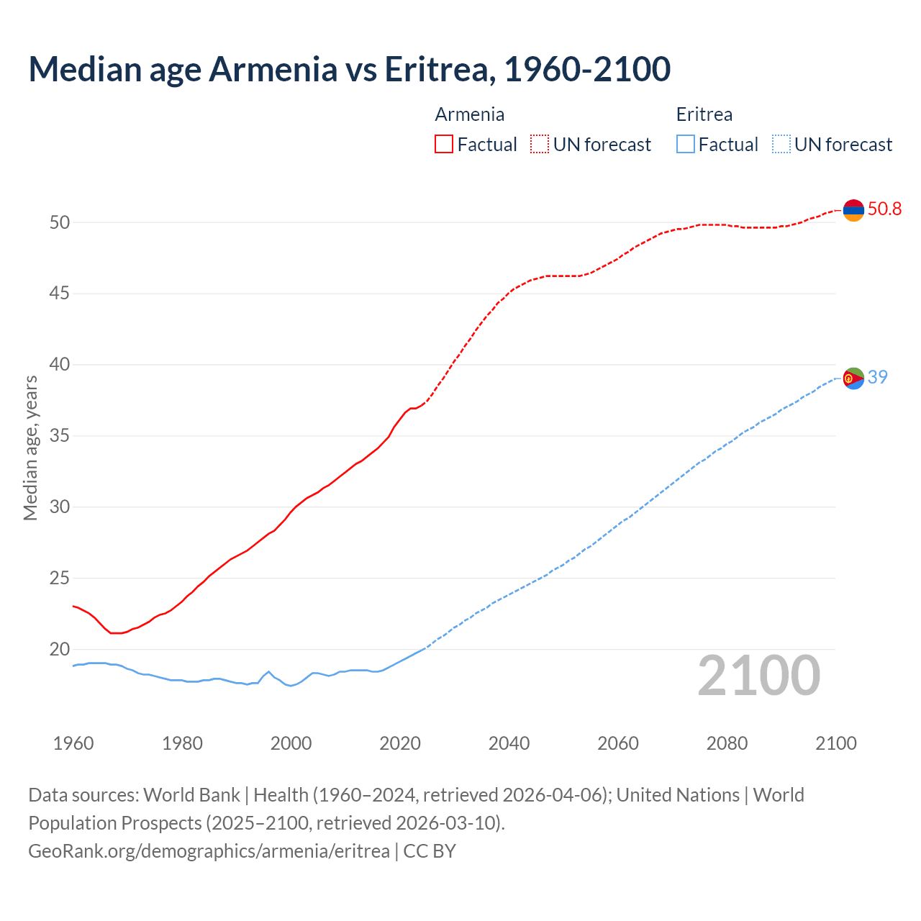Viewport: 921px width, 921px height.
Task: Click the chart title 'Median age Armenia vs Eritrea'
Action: pos(350,69)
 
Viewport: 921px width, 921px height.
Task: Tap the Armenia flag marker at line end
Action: pos(853,210)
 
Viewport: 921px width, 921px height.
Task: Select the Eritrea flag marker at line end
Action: pos(853,378)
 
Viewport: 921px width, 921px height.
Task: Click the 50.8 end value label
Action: pos(884,209)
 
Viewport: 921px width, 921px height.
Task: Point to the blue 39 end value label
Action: pos(877,377)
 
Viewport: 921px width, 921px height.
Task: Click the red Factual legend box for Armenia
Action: pos(444,145)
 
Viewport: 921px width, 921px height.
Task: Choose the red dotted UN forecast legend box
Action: pos(540,145)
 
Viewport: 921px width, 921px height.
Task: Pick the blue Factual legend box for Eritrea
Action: pos(686,145)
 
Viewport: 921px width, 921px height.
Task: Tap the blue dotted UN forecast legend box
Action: pos(781,145)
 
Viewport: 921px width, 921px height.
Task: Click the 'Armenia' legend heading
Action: pos(469,114)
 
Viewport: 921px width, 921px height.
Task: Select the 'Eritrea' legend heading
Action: pos(704,114)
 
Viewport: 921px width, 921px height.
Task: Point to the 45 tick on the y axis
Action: pos(60,294)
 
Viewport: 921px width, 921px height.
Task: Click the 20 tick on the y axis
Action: pos(60,650)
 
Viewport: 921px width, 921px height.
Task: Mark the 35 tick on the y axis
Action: pos(60,436)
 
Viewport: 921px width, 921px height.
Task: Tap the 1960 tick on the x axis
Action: pos(73,743)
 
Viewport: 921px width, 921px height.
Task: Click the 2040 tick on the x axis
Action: pos(509,743)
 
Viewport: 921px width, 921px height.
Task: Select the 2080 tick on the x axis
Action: pos(727,743)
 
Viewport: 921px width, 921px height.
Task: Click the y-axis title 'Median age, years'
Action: pos(30,448)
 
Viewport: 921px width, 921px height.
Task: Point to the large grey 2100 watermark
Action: pos(758,676)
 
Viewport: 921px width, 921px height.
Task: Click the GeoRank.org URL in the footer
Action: pos(209,851)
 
